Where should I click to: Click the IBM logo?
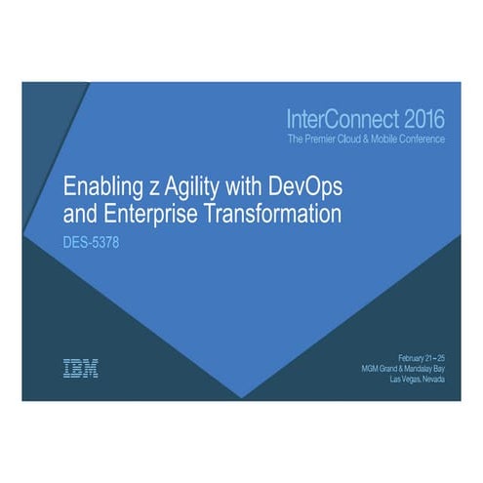[x=80, y=368]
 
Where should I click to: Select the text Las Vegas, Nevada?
[x=416, y=379]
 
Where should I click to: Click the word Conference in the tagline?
[x=421, y=140]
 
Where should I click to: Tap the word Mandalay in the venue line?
[x=420, y=367]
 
